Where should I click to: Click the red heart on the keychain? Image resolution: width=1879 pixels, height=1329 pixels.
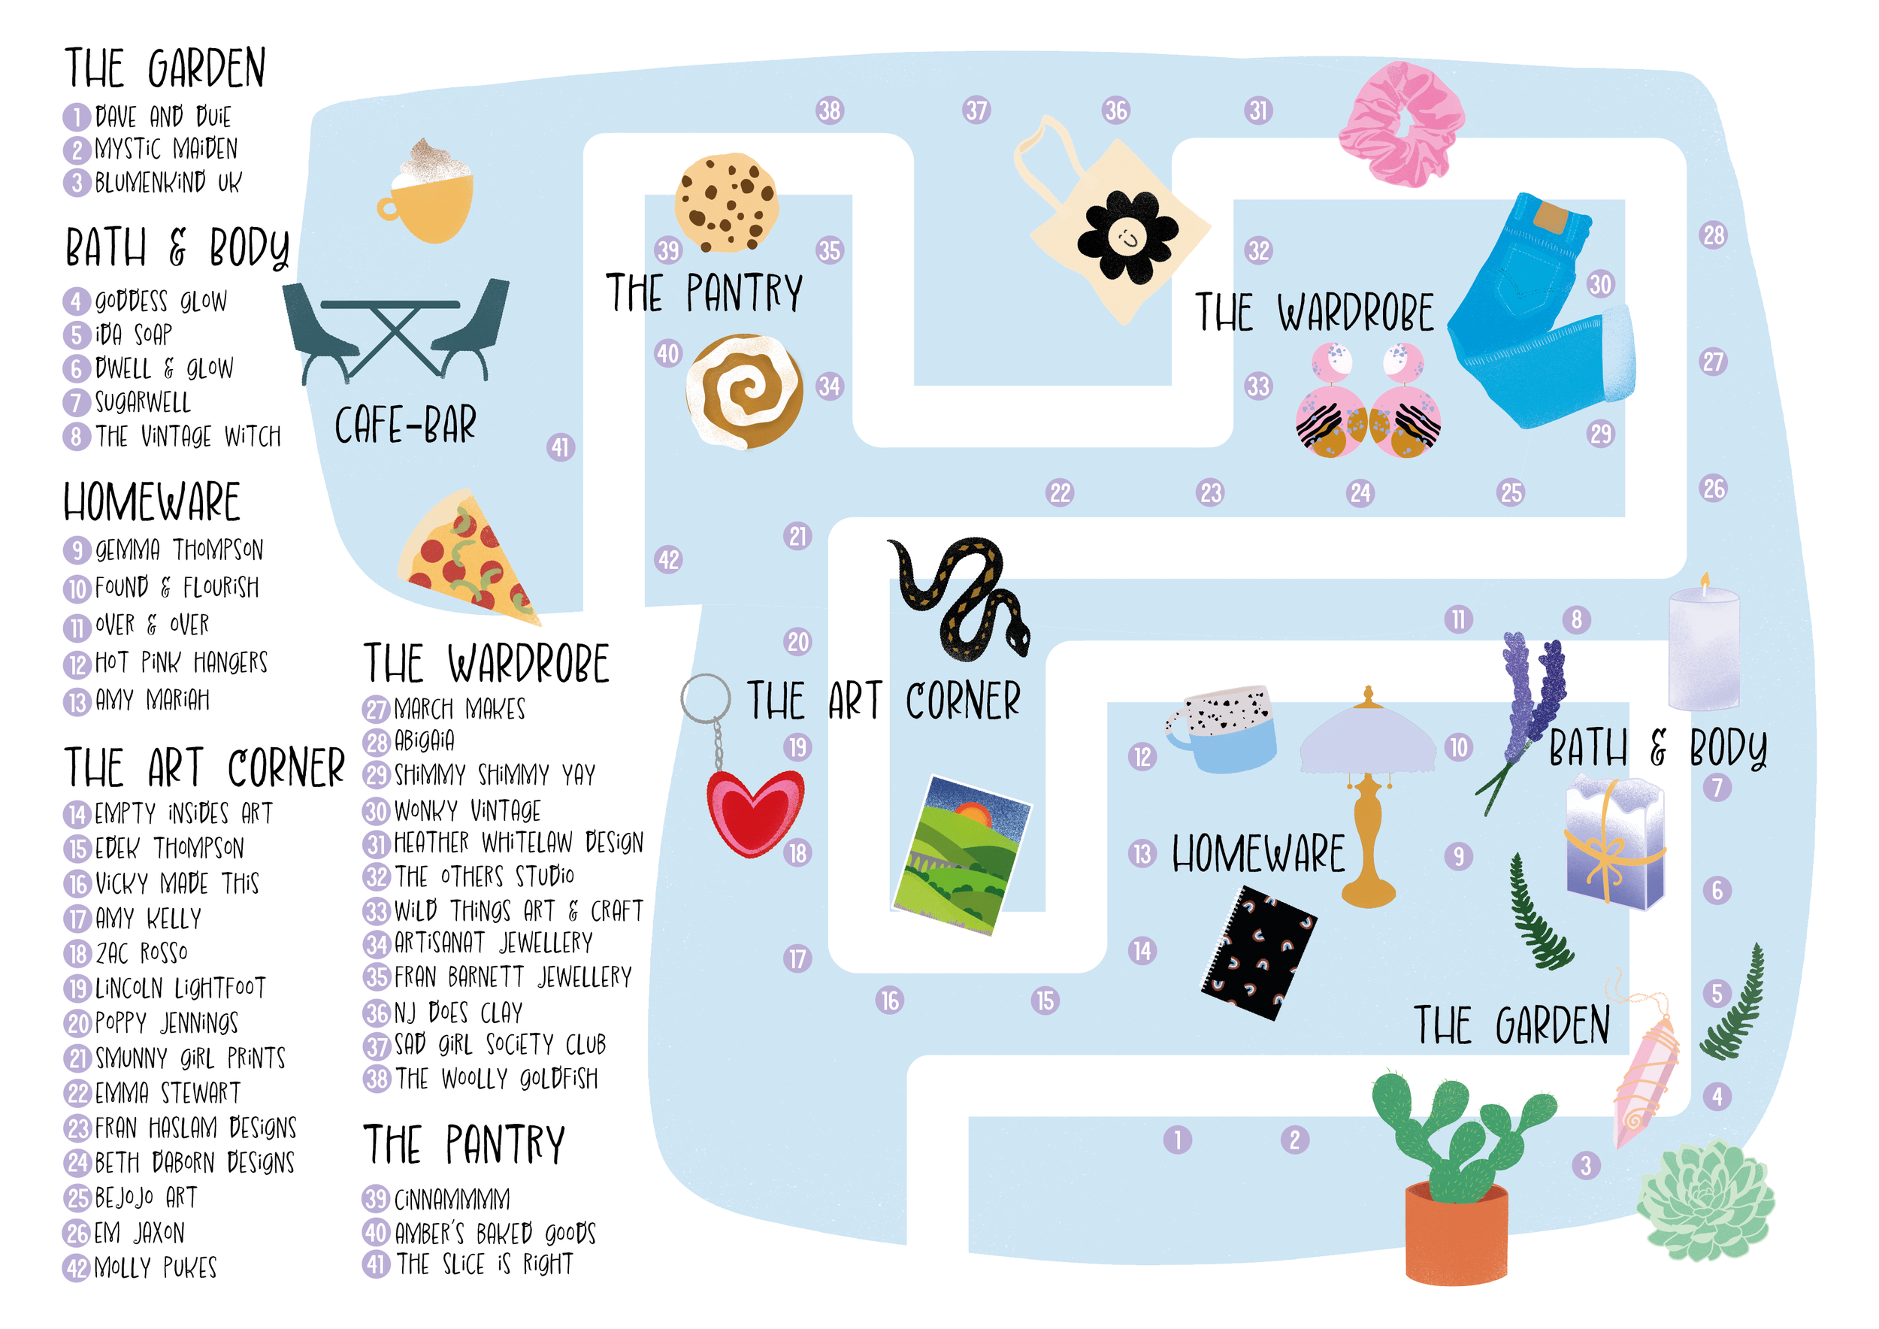coord(754,811)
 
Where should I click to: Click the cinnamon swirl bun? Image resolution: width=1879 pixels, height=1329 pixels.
coord(743,390)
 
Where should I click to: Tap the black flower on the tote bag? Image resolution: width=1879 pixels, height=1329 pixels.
coord(1127,238)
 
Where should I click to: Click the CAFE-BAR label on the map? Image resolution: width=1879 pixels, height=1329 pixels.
coord(405,425)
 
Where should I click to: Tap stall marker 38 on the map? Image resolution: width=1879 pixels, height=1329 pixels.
coord(829,110)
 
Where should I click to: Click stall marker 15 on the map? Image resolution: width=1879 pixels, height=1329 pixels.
coord(1044,1000)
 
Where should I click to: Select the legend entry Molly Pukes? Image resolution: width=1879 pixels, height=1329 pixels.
coord(155,1267)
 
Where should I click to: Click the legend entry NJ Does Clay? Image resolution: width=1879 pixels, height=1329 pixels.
coord(458,1013)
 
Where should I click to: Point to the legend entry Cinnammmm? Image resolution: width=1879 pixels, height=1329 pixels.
coord(451,1199)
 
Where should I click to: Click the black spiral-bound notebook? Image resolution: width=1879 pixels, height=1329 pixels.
coord(1258,953)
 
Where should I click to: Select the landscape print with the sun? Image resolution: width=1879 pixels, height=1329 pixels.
coord(961,855)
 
